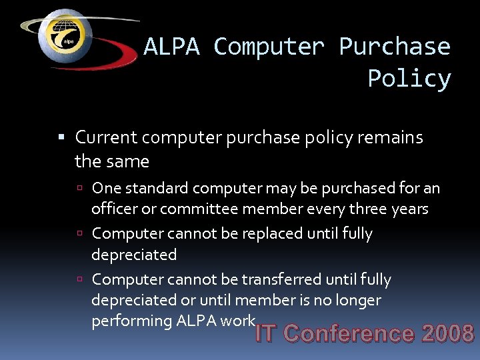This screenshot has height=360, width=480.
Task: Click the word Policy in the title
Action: coord(409,79)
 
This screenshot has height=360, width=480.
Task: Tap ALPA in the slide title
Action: coord(171,47)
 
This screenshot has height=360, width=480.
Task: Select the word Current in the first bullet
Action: coord(106,137)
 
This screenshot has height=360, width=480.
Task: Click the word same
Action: coord(131,161)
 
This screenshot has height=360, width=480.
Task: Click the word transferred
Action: coord(281,279)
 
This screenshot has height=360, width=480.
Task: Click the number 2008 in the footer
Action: coord(447,333)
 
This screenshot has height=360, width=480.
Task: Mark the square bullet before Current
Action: coord(61,138)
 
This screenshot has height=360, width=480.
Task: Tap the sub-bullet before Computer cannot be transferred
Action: coord(79,280)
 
